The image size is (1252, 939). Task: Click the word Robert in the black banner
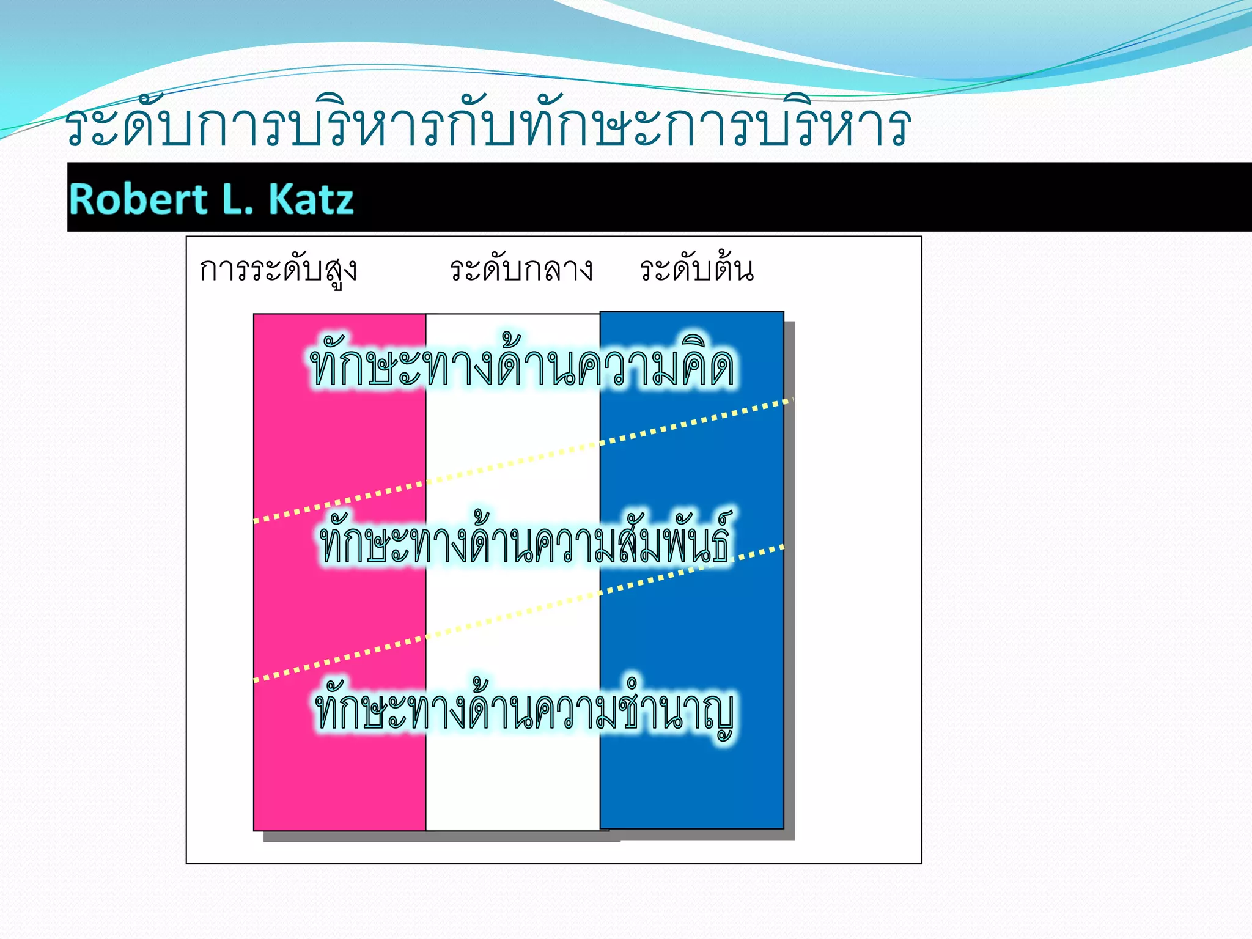[x=138, y=199]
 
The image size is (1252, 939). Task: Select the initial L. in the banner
[x=238, y=199]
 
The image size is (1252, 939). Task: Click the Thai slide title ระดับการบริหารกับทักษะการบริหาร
[x=487, y=125]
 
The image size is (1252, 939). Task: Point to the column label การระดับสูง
[x=278, y=270]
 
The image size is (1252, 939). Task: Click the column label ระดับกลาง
[x=521, y=270]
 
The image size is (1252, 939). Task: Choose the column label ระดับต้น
[x=696, y=270]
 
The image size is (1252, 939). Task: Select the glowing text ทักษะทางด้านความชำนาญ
[x=525, y=711]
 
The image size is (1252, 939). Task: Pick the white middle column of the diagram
[x=512, y=776]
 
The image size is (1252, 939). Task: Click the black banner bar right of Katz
[x=795, y=197]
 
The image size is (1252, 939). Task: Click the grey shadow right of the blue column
[x=789, y=611]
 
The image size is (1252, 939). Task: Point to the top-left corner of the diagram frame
[x=187, y=237]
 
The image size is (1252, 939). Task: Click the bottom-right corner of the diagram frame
[x=921, y=863]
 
